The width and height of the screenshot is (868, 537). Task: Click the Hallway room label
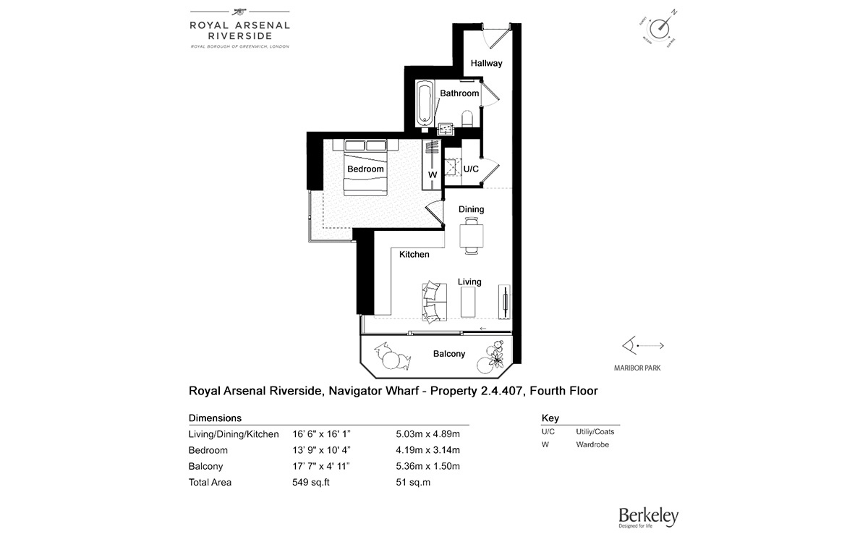pyautogui.click(x=486, y=63)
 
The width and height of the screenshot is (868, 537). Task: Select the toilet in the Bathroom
pyautogui.click(x=467, y=118)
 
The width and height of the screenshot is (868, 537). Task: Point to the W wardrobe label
pyautogui.click(x=433, y=175)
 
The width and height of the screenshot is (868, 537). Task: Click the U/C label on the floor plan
pyautogui.click(x=471, y=169)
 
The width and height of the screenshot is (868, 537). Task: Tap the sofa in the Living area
pyautogui.click(x=434, y=301)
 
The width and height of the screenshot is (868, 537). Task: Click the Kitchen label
pyautogui.click(x=414, y=254)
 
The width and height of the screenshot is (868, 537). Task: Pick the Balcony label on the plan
pyautogui.click(x=448, y=354)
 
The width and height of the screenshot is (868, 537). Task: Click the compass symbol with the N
pyautogui.click(x=660, y=28)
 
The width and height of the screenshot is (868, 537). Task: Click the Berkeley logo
pyautogui.click(x=648, y=516)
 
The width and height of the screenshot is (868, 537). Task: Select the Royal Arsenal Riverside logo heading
pyautogui.click(x=239, y=29)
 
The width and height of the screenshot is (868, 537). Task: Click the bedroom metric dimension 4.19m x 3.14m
pyautogui.click(x=427, y=450)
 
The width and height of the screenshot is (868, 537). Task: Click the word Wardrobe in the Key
pyautogui.click(x=592, y=444)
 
